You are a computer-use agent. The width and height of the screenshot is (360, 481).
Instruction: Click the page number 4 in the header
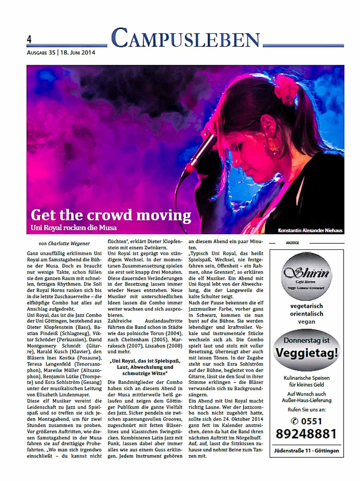pos(29,40)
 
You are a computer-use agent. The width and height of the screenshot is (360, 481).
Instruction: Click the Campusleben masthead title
pos(185,39)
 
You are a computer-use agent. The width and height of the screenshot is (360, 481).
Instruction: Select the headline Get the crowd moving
pos(111,216)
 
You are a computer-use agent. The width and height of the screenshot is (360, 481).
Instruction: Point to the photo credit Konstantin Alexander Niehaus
pos(310,230)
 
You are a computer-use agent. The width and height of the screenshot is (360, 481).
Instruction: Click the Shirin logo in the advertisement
pos(306,275)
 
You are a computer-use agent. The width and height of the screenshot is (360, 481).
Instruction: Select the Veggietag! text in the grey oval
pos(307,353)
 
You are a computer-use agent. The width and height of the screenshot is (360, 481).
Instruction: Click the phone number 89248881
pos(306,434)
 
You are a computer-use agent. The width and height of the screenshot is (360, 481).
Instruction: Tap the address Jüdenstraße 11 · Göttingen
pos(306,451)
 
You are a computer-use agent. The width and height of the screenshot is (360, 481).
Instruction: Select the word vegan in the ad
pos(306,321)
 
